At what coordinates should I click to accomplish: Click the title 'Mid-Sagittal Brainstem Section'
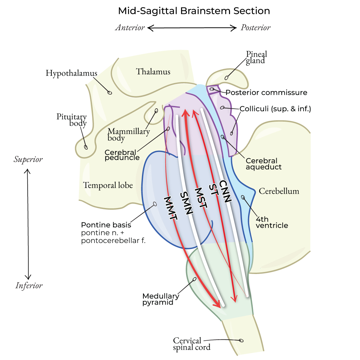point(194,11)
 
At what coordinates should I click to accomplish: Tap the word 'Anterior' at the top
point(130,28)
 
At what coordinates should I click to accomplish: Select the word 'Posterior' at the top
point(256,28)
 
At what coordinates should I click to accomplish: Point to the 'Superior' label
point(28,159)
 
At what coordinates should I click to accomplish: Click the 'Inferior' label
point(29,286)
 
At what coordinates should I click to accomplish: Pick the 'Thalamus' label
point(153,72)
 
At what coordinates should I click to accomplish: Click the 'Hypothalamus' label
point(71,73)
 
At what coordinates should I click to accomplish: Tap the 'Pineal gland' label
point(256,57)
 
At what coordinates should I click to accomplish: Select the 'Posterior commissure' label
point(266,92)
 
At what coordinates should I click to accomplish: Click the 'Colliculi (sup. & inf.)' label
point(275,109)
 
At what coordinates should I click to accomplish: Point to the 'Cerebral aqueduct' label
point(263,164)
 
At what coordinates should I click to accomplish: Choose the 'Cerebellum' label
point(279,191)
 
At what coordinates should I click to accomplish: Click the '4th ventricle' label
point(272,222)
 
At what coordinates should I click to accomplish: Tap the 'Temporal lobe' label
point(108,185)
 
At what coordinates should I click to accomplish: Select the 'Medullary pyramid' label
point(161,299)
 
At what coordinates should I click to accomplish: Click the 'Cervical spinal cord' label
point(192,344)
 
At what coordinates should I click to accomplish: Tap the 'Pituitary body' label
point(72,120)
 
